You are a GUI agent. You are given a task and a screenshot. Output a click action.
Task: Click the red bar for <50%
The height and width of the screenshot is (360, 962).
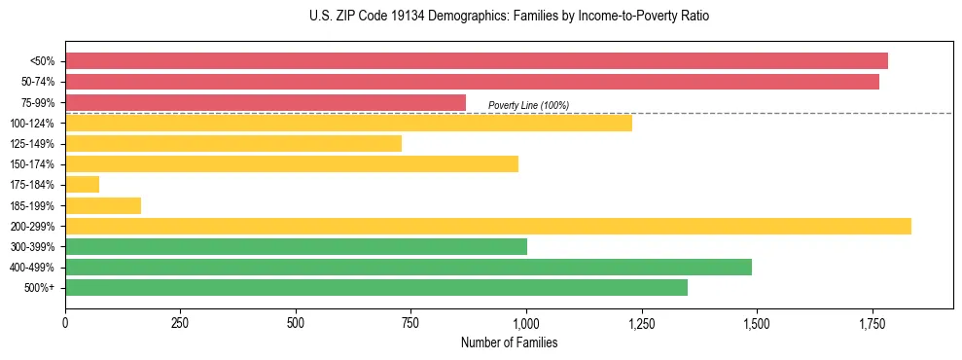coord(477,61)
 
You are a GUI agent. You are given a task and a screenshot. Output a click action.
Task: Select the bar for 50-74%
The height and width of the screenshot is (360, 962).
coord(472,82)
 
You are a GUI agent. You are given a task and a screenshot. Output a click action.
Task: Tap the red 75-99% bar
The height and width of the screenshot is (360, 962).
coord(266,102)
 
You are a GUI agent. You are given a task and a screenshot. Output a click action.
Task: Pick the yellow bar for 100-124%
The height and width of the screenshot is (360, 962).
coord(348,123)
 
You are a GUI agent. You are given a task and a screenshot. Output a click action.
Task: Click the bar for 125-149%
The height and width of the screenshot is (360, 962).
coord(233,144)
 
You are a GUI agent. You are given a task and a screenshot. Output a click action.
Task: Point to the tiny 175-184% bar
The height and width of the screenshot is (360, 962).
coord(83,184)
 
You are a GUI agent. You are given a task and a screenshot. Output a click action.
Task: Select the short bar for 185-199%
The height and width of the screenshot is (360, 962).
coord(103,205)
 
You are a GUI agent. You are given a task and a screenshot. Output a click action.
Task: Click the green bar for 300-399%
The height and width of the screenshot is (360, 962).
coord(296,246)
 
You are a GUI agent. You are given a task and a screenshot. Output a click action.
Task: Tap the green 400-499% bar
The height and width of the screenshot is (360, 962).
coord(409,267)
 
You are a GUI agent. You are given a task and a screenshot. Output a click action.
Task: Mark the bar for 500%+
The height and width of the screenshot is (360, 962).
coord(376,287)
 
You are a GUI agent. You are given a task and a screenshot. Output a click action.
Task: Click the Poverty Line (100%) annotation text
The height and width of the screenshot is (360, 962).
coord(528,105)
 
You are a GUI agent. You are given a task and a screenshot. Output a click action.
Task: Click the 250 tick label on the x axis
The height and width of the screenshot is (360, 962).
coord(180,322)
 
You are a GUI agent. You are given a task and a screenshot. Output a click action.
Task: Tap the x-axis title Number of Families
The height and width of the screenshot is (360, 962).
coord(509,342)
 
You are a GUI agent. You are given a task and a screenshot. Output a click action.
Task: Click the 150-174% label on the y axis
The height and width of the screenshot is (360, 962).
coord(33,164)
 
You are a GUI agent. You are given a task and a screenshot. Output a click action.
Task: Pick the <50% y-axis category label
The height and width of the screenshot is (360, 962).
coord(43,61)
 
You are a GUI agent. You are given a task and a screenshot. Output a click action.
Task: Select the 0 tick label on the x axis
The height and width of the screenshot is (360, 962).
coord(65,322)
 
